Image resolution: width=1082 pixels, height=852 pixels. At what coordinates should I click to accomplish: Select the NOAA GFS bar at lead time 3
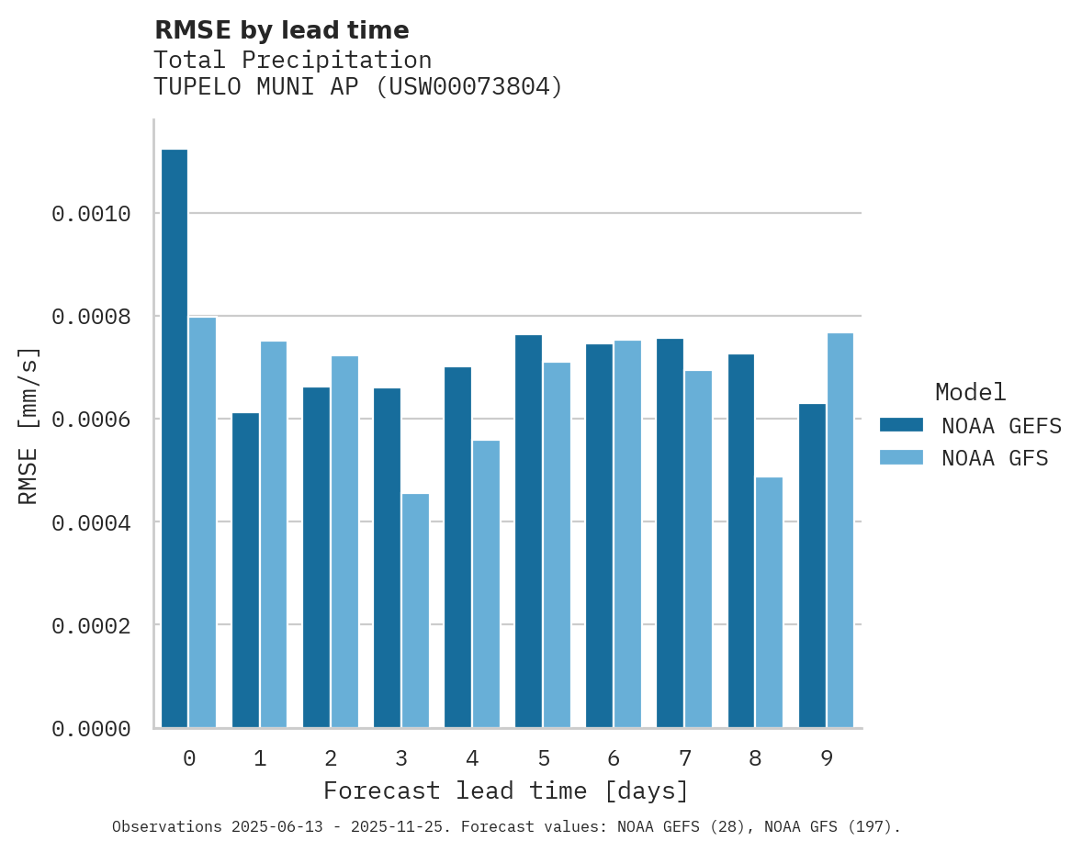pos(415,611)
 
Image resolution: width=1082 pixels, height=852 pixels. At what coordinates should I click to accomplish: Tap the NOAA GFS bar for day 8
pos(769,602)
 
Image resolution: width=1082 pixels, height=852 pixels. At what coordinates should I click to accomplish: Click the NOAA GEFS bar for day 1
pos(245,570)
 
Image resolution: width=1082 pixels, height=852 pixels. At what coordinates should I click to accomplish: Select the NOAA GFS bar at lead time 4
pos(486,584)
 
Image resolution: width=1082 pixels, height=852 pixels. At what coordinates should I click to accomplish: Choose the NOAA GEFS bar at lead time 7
pos(670,532)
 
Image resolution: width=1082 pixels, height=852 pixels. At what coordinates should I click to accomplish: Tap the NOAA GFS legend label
pos(995,457)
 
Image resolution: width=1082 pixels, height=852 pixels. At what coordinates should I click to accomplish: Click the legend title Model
pos(970,392)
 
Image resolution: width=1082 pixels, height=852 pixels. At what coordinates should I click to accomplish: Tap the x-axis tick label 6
pos(614,758)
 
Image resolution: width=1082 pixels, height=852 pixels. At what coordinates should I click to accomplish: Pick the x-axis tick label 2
pos(331,758)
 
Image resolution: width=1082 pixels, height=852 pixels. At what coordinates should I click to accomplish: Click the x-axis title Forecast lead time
pos(505,790)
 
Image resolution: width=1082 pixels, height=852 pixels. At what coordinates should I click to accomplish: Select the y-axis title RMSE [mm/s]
pos(29,425)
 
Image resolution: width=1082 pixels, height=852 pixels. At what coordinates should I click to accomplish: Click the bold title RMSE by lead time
pos(281,30)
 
